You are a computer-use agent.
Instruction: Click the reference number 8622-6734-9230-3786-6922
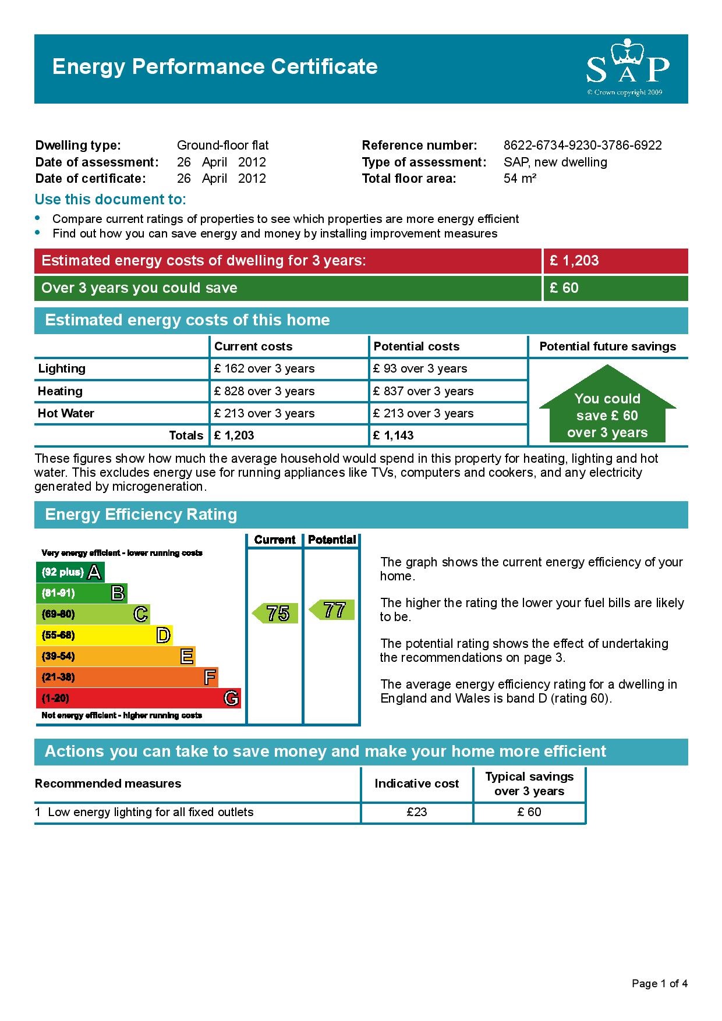coord(582,146)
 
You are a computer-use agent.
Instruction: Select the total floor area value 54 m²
coord(519,179)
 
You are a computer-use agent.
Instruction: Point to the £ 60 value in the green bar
coord(564,288)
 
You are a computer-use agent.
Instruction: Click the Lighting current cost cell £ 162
coord(264,368)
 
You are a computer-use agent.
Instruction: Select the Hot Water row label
coord(66,413)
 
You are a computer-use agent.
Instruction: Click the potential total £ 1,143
coord(394,435)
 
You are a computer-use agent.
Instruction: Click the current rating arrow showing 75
coord(275,613)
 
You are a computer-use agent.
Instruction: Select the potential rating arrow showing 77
coord(332,610)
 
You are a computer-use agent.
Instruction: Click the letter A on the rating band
coord(94,572)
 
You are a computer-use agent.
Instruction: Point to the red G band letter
coord(231,698)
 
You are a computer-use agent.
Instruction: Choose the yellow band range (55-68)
coord(58,635)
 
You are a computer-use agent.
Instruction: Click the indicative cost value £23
coord(417,812)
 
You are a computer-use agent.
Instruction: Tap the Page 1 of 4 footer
coord(659,984)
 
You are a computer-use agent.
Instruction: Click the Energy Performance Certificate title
coord(215,67)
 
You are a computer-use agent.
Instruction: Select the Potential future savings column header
coord(607,346)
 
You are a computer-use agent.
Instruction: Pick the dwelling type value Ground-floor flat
coord(222,146)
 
